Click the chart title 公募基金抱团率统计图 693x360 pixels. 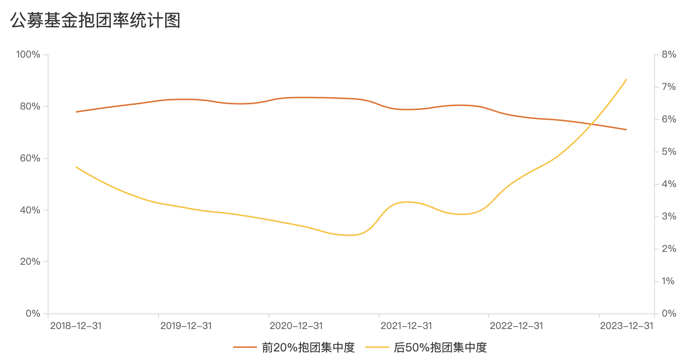click(95, 21)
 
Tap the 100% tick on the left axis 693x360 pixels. click(28, 55)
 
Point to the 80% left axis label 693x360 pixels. click(30, 107)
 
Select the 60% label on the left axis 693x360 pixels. click(30, 159)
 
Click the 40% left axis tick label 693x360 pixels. click(30, 210)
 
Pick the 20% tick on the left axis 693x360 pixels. click(30, 262)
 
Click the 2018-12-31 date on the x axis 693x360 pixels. click(76, 326)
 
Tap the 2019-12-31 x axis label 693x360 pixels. click(186, 326)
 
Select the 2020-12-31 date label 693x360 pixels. click(296, 326)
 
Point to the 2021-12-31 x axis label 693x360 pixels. click(406, 326)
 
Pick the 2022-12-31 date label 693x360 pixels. click(516, 326)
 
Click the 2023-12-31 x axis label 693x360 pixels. click(627, 326)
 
